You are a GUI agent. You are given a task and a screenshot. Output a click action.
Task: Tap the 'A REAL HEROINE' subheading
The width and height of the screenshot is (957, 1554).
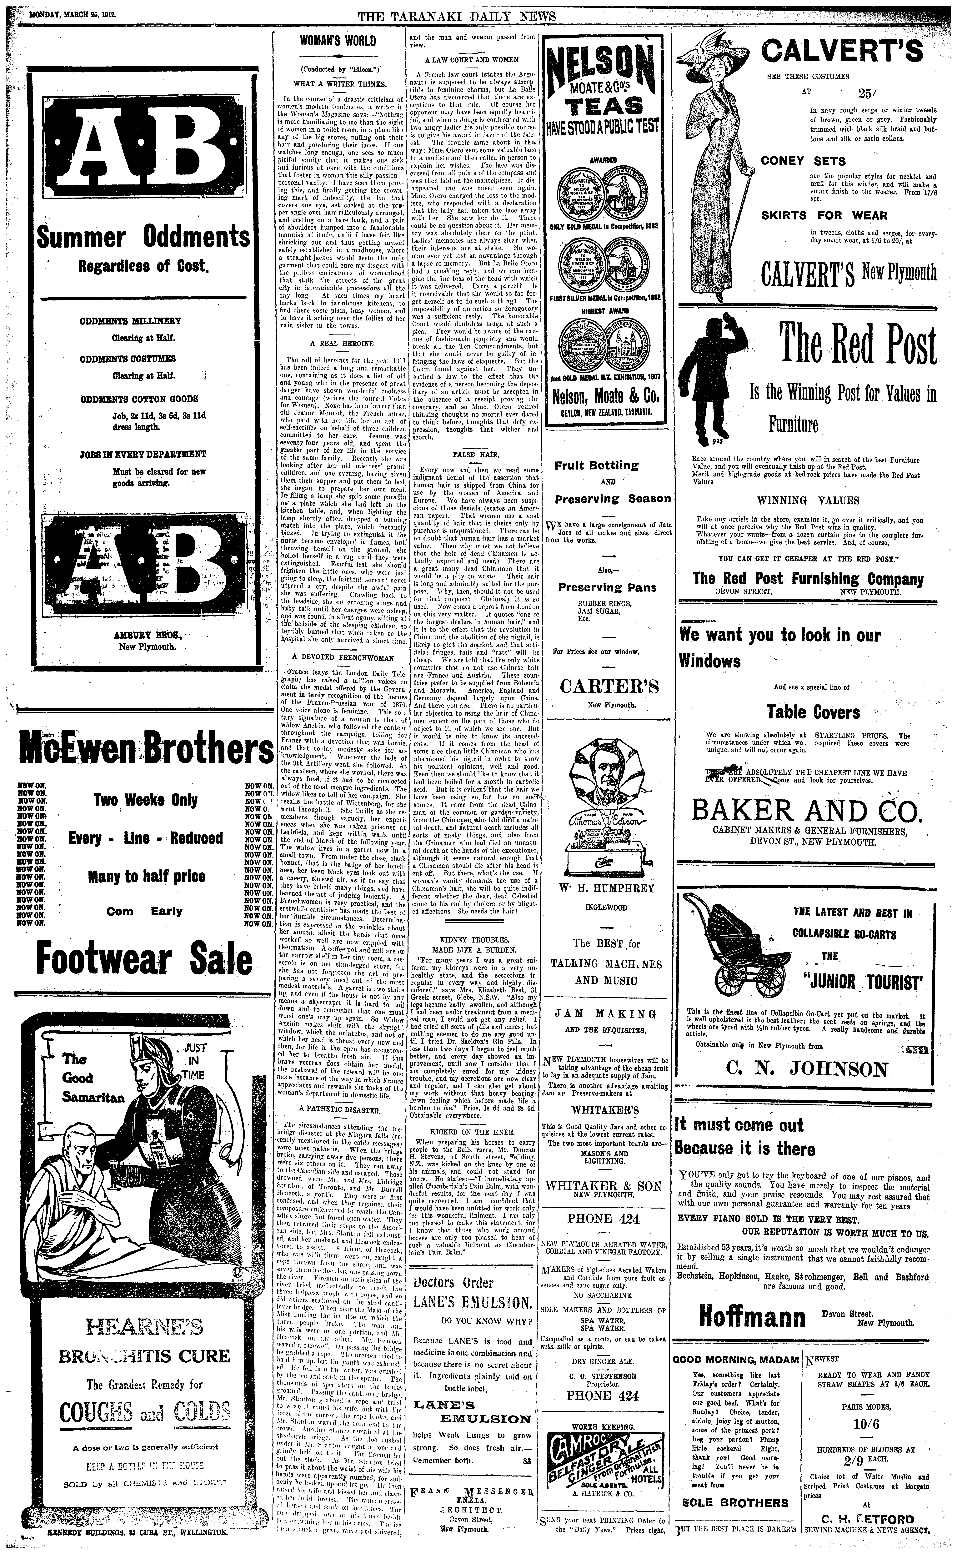(x=333, y=344)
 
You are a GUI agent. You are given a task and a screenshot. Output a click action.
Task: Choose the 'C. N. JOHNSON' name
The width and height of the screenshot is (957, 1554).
(x=806, y=1069)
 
